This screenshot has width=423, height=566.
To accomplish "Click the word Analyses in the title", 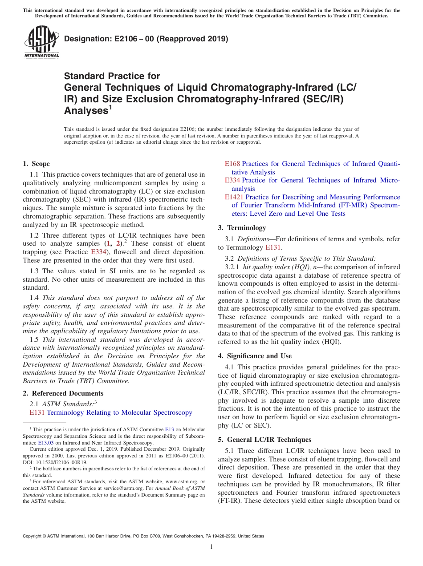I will (84, 111).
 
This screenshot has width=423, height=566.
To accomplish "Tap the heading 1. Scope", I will (37, 164).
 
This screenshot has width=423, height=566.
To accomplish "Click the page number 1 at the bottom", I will (211, 546).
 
